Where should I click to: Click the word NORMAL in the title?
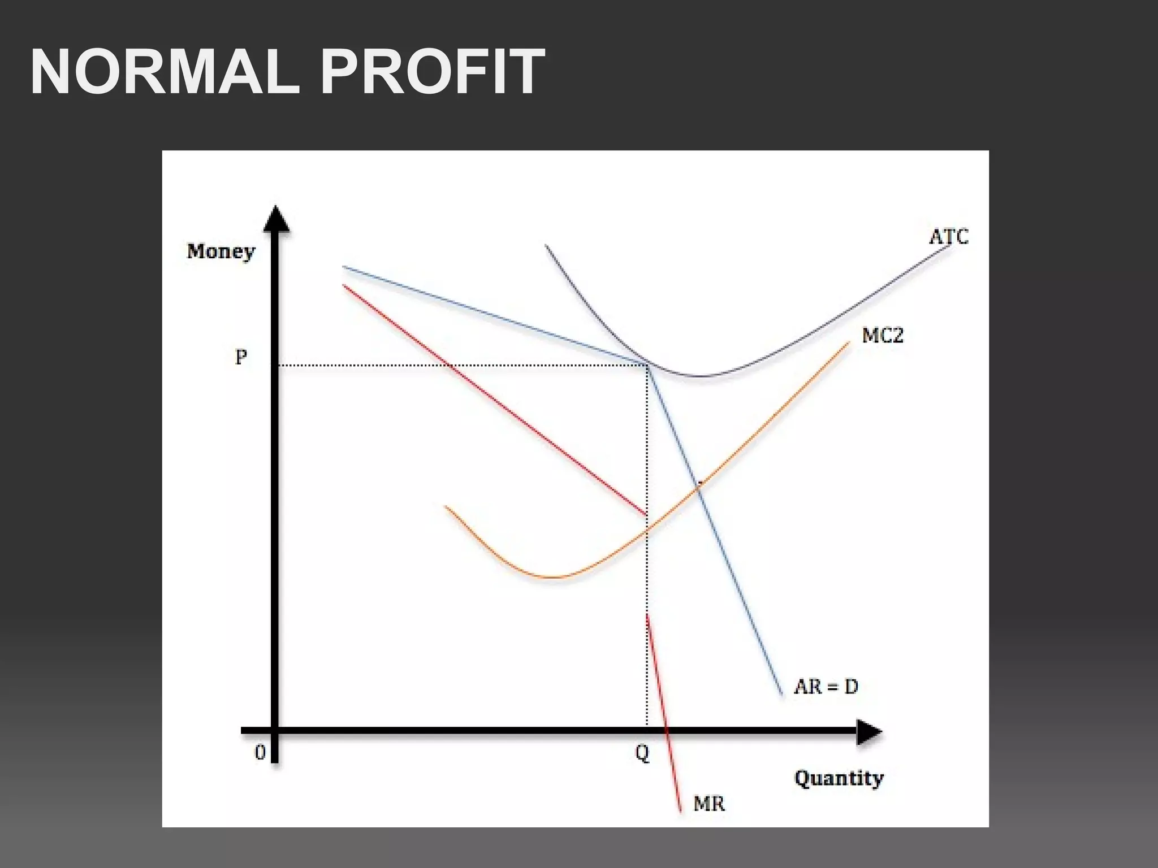[164, 72]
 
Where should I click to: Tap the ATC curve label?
[948, 236]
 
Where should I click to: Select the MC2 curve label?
[882, 336]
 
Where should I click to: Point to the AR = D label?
[826, 687]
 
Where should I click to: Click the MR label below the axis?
[709, 803]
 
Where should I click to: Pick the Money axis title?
[221, 251]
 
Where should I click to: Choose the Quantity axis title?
[839, 778]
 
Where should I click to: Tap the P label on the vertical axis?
[241, 357]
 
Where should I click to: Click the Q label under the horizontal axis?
[642, 753]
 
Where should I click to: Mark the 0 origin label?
[260, 753]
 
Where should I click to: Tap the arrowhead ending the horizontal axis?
[869, 732]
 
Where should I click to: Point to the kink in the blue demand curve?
[647, 364]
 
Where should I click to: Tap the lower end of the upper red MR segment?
[646, 515]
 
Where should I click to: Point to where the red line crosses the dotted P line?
[450, 366]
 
